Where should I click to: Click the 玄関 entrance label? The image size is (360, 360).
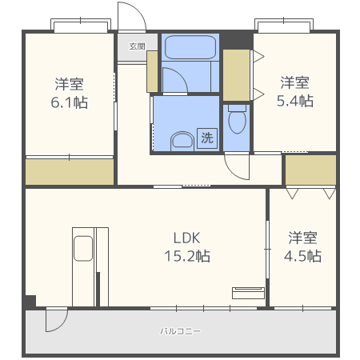[137, 46]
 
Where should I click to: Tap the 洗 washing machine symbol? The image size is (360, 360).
[207, 138]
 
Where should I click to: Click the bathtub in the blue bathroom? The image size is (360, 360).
[190, 47]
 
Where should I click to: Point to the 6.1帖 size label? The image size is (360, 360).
[70, 103]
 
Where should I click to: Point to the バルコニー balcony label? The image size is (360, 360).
[180, 330]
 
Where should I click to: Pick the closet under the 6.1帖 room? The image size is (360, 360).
[70, 172]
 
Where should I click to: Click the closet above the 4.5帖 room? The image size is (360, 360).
[310, 170]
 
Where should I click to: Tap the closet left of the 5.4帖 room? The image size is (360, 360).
[237, 75]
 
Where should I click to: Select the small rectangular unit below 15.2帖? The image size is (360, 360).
[248, 292]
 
